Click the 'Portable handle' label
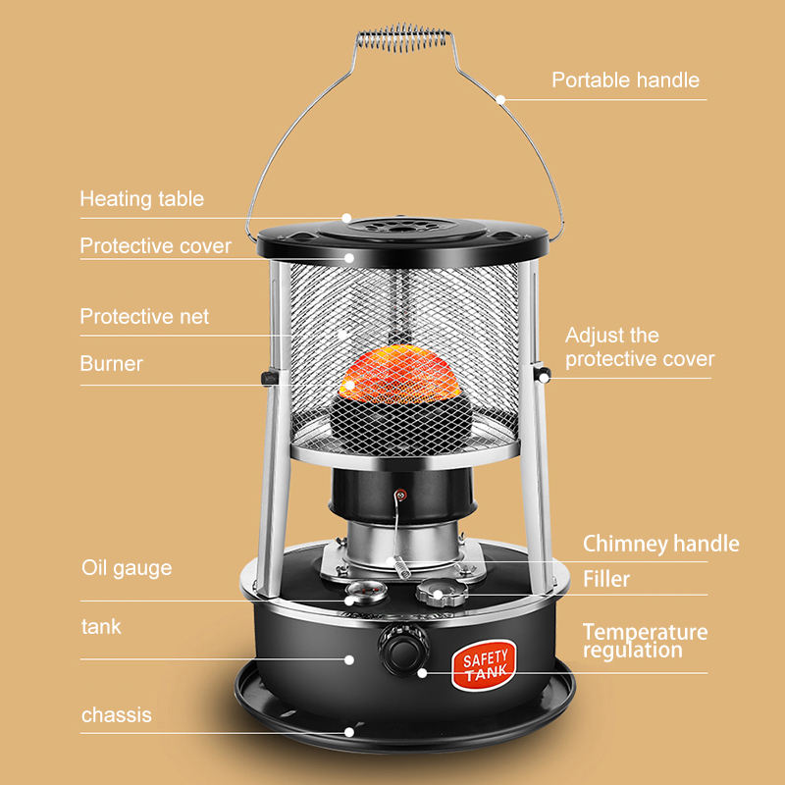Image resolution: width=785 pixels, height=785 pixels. [x=625, y=80]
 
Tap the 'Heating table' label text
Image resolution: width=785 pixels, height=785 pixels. [x=142, y=199]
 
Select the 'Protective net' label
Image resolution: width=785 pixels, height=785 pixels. [x=144, y=316]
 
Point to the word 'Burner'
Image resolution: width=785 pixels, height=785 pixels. [x=112, y=363]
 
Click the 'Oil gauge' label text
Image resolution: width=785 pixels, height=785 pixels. [x=127, y=569]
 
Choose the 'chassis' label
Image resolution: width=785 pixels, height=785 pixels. [x=117, y=715]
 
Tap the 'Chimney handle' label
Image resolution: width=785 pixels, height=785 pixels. [x=660, y=544]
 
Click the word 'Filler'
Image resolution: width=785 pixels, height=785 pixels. [x=606, y=579]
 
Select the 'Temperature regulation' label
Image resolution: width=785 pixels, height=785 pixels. [x=646, y=641]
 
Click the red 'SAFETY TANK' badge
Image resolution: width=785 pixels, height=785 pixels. [x=484, y=665]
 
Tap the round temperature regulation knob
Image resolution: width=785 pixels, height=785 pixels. [x=403, y=651]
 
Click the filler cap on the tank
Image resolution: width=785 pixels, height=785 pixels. [x=441, y=593]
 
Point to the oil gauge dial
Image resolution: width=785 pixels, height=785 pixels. [x=366, y=592]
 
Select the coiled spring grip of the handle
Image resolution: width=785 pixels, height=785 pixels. [x=402, y=38]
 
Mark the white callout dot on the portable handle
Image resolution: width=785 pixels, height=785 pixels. [x=500, y=99]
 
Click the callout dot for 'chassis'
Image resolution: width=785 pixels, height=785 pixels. [x=349, y=732]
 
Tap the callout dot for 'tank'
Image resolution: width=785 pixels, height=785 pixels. [x=349, y=660]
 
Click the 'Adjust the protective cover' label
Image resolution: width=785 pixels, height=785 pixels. [x=640, y=347]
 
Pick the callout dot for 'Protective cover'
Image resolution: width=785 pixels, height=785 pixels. [x=349, y=258]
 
